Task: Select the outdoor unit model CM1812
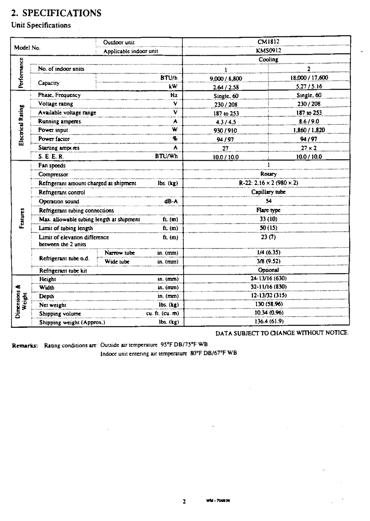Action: click(268, 42)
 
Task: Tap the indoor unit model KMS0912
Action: click(268, 51)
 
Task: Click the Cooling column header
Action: click(268, 60)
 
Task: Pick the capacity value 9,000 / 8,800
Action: click(226, 78)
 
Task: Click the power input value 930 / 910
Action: click(226, 130)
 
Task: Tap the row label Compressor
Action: click(53, 174)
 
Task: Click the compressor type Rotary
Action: click(268, 174)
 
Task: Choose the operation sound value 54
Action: click(268, 201)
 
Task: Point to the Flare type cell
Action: click(268, 210)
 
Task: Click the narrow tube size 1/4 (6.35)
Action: click(268, 253)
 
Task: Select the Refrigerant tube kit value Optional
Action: click(268, 270)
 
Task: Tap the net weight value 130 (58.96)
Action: click(268, 304)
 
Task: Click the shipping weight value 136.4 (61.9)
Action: click(268, 322)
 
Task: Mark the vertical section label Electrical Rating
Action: click(21, 125)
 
